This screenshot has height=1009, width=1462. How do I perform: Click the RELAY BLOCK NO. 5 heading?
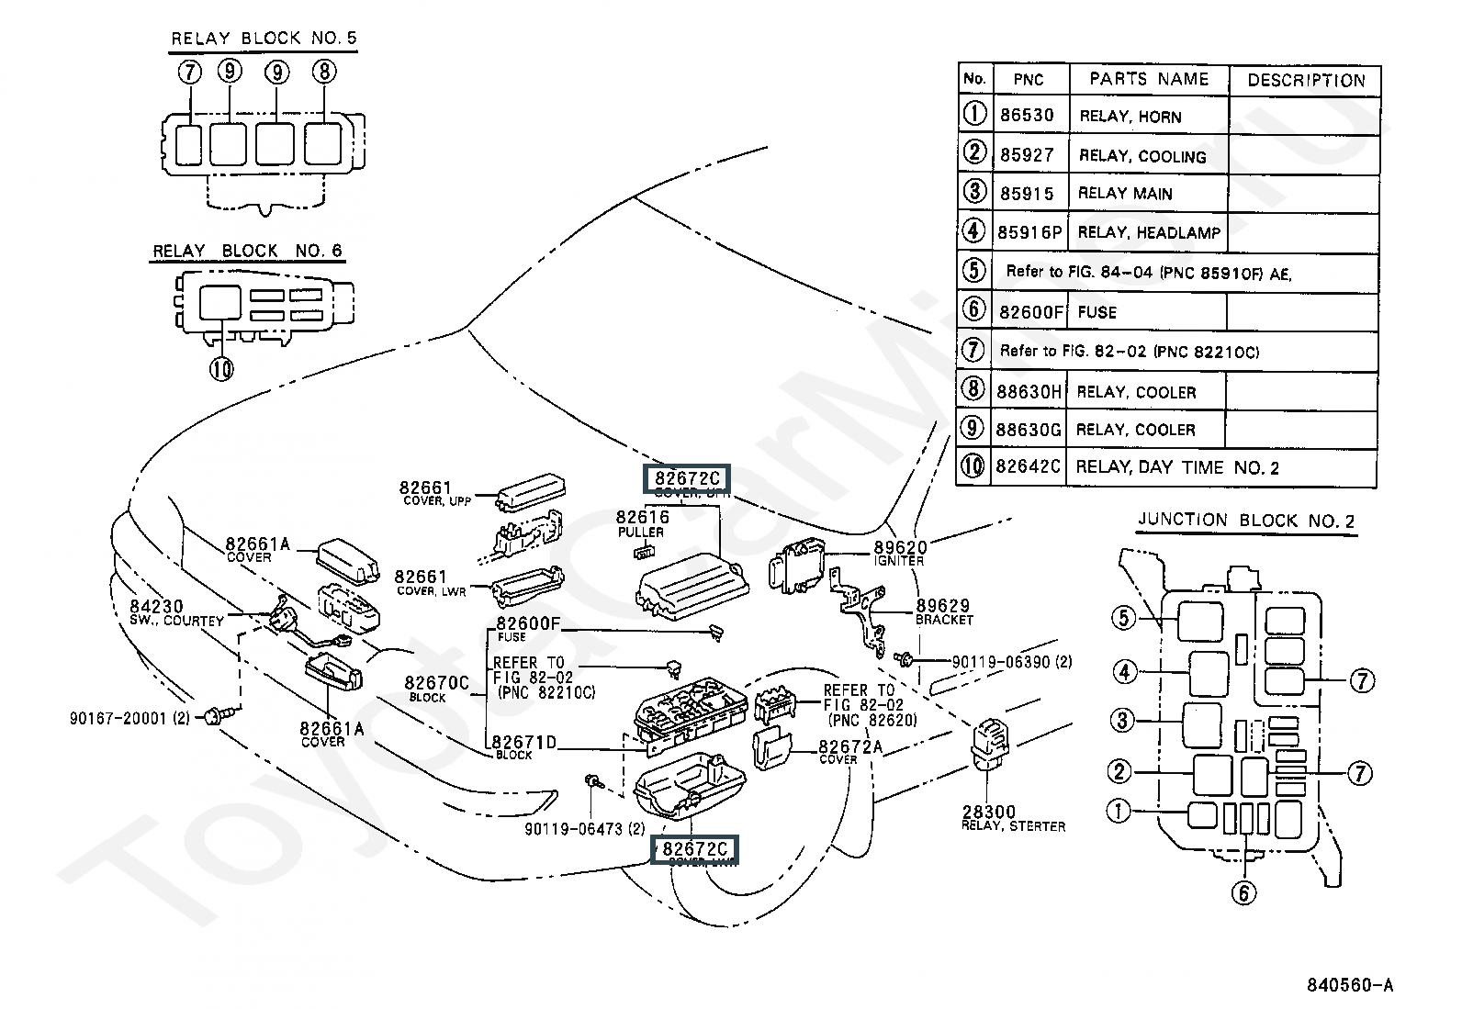pyautogui.click(x=264, y=39)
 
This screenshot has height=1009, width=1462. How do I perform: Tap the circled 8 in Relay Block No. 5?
pyautogui.click(x=323, y=71)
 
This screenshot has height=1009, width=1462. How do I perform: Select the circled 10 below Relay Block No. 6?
pyautogui.click(x=221, y=368)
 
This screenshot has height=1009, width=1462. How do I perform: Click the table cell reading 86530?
pyautogui.click(x=1027, y=116)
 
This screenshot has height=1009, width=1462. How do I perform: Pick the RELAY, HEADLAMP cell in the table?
pyautogui.click(x=1149, y=233)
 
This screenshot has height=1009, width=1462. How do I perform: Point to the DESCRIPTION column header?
pyautogui.click(x=1306, y=81)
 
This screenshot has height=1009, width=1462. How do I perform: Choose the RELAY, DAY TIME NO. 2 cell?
pyautogui.click(x=1176, y=468)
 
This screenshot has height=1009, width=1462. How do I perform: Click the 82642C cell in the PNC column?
pyautogui.click(x=1028, y=467)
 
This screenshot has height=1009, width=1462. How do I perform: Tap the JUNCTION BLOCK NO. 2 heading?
pyautogui.click(x=1246, y=521)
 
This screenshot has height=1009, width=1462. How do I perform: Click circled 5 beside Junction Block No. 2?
pyautogui.click(x=1124, y=618)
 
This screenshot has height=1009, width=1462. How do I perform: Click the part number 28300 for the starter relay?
pyautogui.click(x=988, y=813)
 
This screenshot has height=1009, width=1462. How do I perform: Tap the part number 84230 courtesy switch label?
pyautogui.click(x=156, y=607)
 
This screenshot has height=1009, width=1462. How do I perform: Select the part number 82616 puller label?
pyautogui.click(x=642, y=518)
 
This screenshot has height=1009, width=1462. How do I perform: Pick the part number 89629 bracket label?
pyautogui.click(x=943, y=607)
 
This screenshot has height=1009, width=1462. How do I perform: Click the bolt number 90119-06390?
pyautogui.click(x=999, y=661)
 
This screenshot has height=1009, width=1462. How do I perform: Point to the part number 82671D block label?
pyautogui.click(x=524, y=743)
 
